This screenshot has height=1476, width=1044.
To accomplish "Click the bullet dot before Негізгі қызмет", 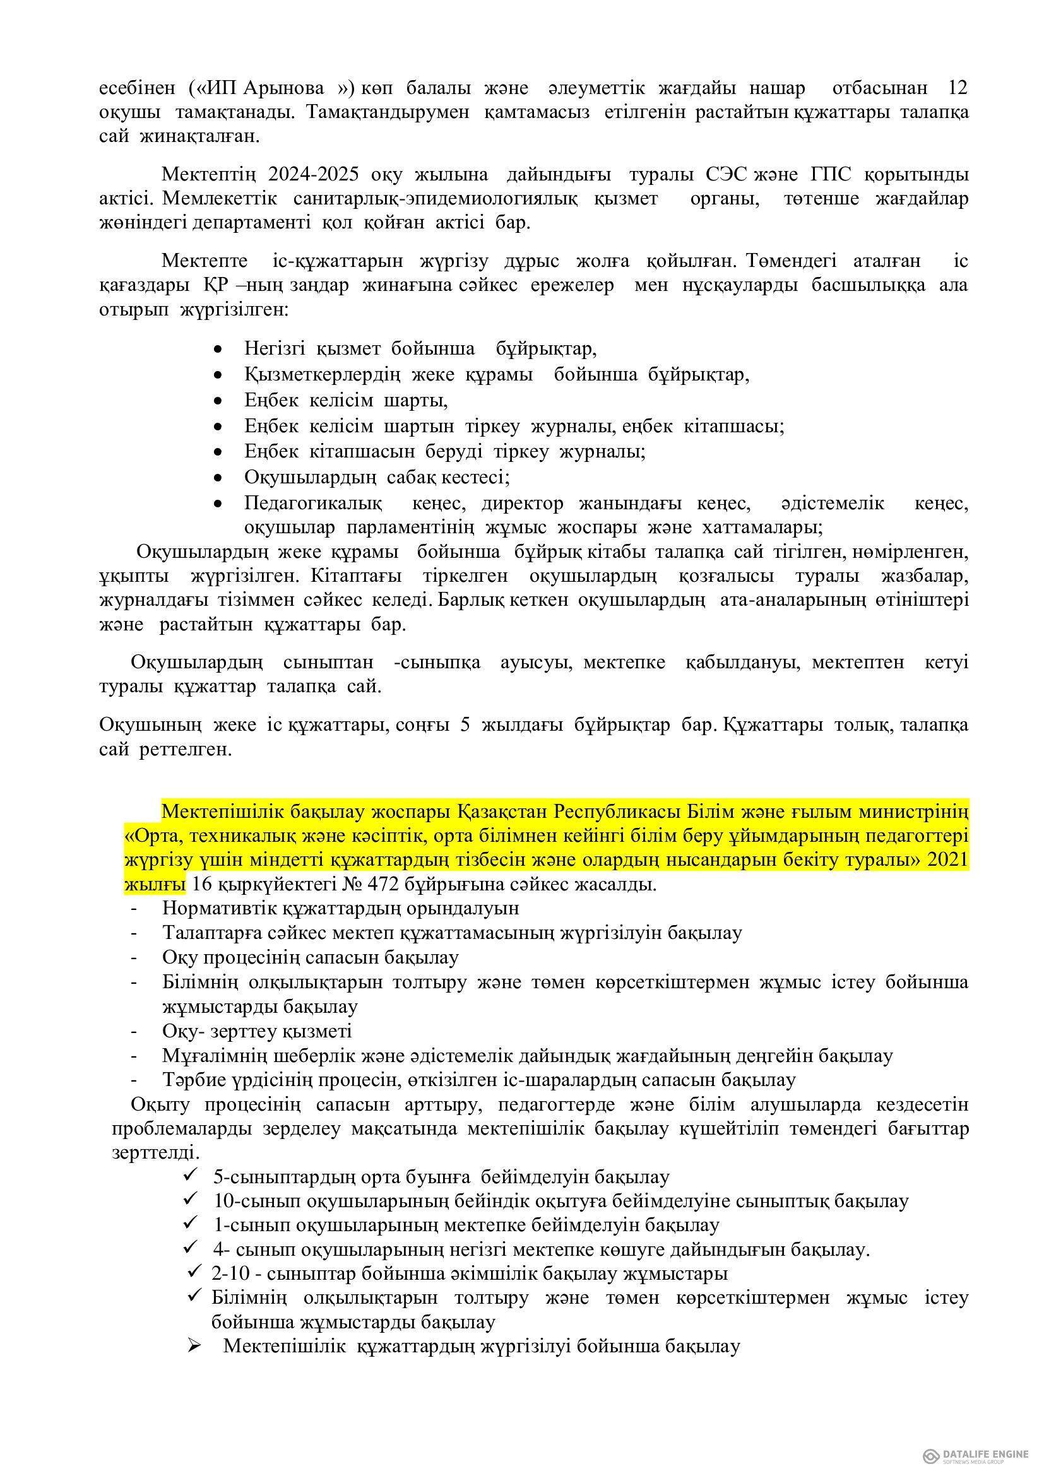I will point(218,350).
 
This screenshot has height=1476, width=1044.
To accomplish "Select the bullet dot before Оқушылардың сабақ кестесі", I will point(218,478).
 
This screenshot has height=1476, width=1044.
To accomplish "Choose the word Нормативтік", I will point(219,908).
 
